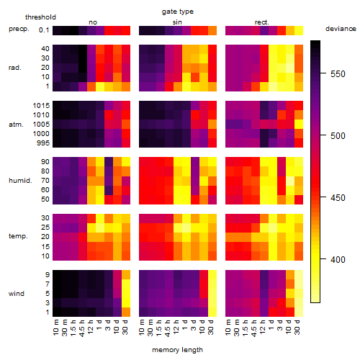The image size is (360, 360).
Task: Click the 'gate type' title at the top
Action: point(178,12)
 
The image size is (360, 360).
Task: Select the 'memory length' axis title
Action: point(178,350)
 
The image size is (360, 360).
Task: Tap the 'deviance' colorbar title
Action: point(341,29)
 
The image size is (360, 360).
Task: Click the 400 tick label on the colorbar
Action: point(338,260)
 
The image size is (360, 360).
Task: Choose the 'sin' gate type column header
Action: point(177,22)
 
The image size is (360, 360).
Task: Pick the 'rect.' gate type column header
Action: point(262,22)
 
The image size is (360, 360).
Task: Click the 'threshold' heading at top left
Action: point(40,17)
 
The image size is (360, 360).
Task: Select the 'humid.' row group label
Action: point(20,181)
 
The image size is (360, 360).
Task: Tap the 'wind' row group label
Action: point(17,294)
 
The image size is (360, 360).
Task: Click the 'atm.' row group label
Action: point(16,125)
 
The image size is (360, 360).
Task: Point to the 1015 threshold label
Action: point(41,106)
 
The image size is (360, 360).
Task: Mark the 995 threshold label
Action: point(43,143)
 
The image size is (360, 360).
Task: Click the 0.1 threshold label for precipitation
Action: point(44,30)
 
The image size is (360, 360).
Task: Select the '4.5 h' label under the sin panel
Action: point(168,328)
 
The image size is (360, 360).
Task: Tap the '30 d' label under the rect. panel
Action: point(297,327)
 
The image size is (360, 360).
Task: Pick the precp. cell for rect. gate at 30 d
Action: point(299,30)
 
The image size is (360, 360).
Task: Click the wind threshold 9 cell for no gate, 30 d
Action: point(126,275)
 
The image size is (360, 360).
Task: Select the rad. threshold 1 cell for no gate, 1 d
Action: point(100,86)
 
